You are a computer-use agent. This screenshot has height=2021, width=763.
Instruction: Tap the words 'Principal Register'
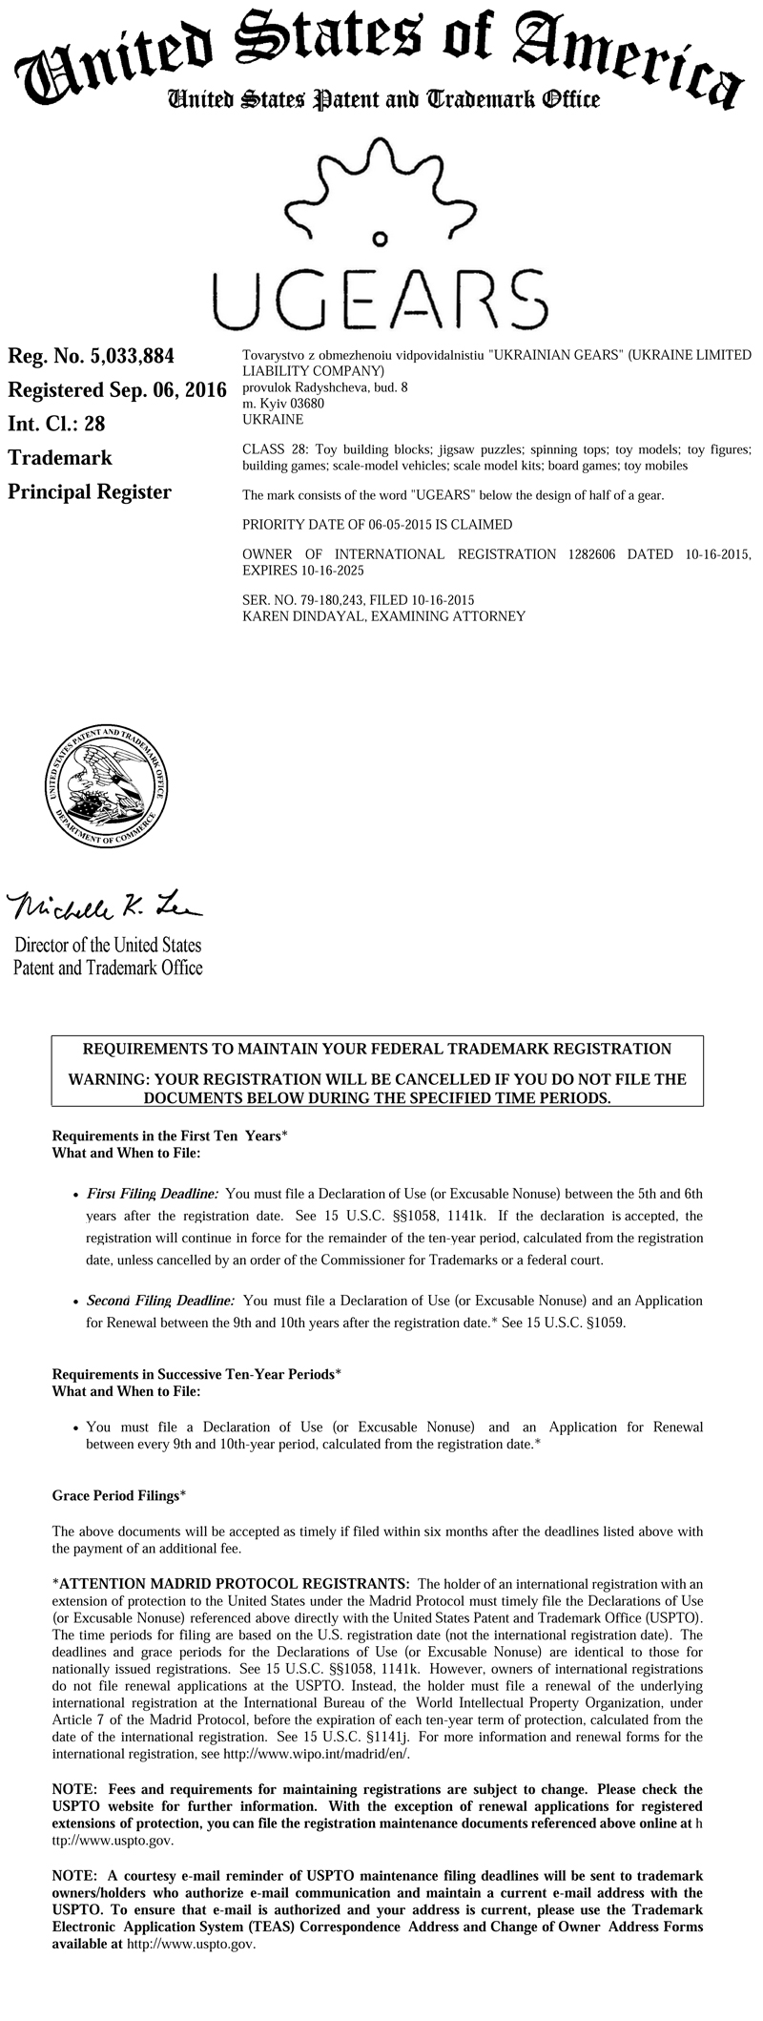pos(90,492)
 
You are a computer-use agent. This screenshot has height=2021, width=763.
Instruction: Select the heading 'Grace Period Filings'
pos(115,1496)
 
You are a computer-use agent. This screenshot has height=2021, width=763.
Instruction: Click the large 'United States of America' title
pos(381,52)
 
